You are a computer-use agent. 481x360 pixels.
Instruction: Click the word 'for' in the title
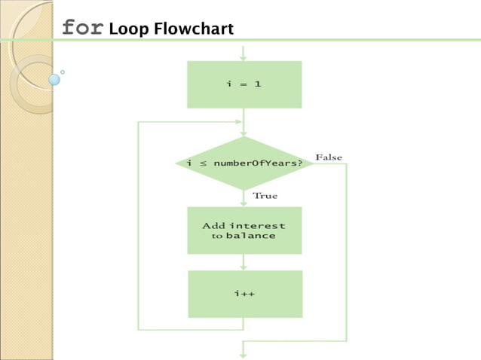pyautogui.click(x=82, y=28)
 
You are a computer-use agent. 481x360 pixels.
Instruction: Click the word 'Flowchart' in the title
pyautogui.click(x=195, y=29)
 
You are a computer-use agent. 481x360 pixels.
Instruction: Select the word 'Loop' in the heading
pyautogui.click(x=129, y=29)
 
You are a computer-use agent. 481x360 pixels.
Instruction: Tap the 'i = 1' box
pyautogui.click(x=244, y=84)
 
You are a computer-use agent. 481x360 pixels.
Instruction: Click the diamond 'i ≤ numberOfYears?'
pyautogui.click(x=244, y=163)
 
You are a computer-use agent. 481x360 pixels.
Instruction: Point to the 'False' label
pyautogui.click(x=329, y=157)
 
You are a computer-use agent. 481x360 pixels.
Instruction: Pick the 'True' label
pyautogui.click(x=265, y=196)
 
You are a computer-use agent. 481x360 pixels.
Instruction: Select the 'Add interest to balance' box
pyautogui.click(x=244, y=230)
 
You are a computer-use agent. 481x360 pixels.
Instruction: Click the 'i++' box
pyautogui.click(x=244, y=294)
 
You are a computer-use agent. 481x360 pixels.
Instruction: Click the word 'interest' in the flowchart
pyautogui.click(x=257, y=225)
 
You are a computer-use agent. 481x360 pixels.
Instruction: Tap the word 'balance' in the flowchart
pyautogui.click(x=250, y=236)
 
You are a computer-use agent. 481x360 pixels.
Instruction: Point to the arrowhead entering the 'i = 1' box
pyautogui.click(x=244, y=57)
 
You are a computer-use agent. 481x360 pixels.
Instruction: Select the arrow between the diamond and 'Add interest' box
pyautogui.click(x=244, y=198)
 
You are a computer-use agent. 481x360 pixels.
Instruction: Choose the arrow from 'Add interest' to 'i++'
pyautogui.click(x=244, y=262)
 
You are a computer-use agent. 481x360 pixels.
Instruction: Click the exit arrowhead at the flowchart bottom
pyautogui.click(x=244, y=353)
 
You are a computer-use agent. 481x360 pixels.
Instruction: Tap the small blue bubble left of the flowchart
pyautogui.click(x=54, y=78)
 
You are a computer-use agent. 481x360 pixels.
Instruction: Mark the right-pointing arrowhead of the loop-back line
pyautogui.click(x=240, y=121)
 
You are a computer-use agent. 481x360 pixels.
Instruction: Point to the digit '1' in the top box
pyautogui.click(x=258, y=84)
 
